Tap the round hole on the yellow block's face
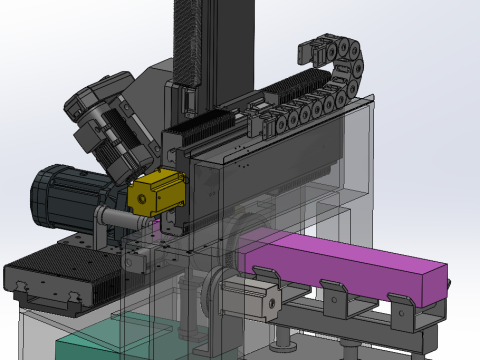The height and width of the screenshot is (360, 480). coord(144,200)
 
